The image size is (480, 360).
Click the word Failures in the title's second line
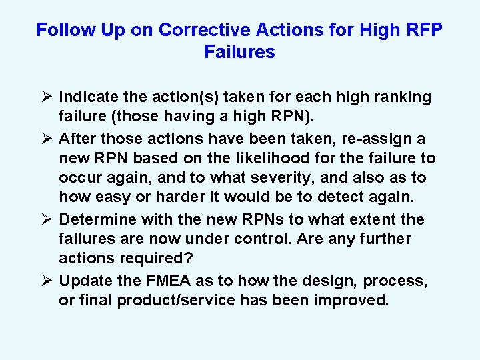click(x=239, y=52)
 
